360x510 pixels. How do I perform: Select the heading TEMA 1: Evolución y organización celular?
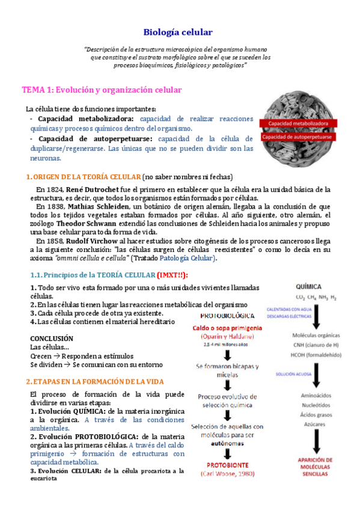coord(102,90)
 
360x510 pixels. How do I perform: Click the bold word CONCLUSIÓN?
coord(52,339)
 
